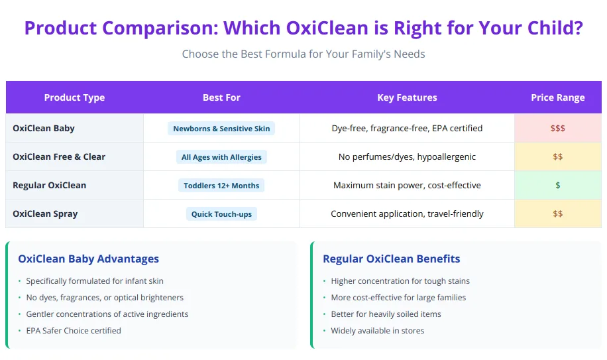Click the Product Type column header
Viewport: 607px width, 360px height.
point(74,97)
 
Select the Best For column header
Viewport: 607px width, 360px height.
point(221,97)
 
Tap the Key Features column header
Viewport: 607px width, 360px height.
point(407,97)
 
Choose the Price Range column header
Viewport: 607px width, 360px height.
point(557,97)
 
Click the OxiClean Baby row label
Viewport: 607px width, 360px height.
point(44,128)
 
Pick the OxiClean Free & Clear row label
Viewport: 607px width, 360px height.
point(59,156)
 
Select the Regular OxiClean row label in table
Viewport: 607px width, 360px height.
point(50,185)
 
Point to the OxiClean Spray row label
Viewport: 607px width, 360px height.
point(45,213)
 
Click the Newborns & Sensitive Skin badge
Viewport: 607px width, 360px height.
point(221,129)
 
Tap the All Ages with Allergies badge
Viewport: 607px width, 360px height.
point(221,157)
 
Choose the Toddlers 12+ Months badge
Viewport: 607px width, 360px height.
point(221,186)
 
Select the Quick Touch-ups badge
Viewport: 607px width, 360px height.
point(221,214)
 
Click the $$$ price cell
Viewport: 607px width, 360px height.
point(557,128)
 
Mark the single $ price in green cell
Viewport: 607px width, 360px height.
point(557,185)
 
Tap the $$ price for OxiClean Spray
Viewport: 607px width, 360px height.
point(557,213)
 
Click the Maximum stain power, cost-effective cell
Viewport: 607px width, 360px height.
point(407,185)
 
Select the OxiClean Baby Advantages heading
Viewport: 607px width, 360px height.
point(88,259)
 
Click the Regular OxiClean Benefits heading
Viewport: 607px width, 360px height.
point(391,259)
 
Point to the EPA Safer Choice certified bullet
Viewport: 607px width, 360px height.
point(74,330)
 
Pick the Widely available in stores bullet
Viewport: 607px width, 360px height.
point(377,330)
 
